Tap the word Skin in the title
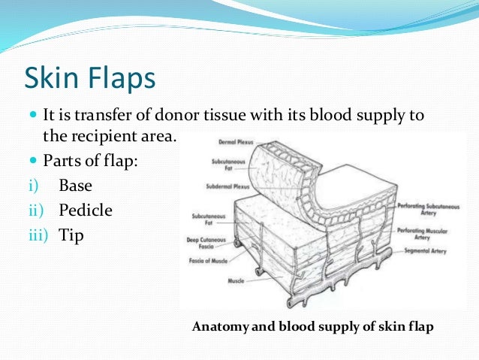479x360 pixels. (52, 78)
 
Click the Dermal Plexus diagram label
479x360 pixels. (233, 141)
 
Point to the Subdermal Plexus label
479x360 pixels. (227, 186)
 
